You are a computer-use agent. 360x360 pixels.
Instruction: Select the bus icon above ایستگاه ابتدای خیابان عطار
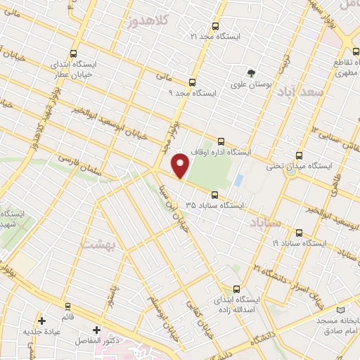click(75, 53)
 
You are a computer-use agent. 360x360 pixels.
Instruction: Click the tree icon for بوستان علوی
click(251, 73)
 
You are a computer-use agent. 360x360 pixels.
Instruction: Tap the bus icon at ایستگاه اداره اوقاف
click(222, 141)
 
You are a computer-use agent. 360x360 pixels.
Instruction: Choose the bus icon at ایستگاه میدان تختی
click(300, 155)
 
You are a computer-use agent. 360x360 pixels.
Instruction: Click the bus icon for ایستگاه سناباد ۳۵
click(214, 195)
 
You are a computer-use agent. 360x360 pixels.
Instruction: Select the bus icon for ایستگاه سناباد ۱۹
click(300, 233)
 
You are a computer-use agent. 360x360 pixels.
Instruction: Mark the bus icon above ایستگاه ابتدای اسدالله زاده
click(236, 288)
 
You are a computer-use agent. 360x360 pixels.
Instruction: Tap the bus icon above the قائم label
click(68, 306)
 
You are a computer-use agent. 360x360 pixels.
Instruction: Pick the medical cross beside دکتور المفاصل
click(96, 329)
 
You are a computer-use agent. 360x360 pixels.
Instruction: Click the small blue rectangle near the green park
click(238, 180)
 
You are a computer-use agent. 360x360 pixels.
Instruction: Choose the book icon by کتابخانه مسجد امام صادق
click(342, 310)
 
